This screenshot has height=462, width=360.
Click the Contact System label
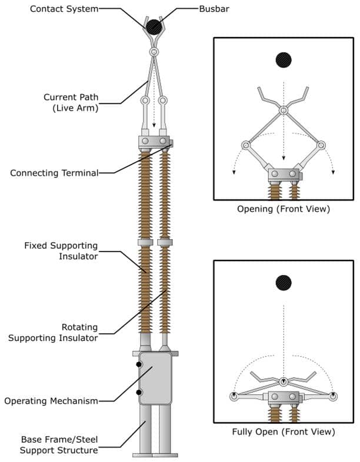click(x=64, y=9)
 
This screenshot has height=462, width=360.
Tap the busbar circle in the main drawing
click(x=154, y=26)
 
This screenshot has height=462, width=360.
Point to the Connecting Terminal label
click(x=54, y=173)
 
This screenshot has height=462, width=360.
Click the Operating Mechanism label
click(x=51, y=401)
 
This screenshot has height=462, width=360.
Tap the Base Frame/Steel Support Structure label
click(x=59, y=445)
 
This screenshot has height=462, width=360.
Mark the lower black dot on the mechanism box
click(x=139, y=392)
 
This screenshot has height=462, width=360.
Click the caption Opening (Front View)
click(x=284, y=209)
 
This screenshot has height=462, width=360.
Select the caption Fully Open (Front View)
click(x=284, y=431)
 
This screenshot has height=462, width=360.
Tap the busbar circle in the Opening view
click(x=284, y=60)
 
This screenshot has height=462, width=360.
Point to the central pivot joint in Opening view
click(x=284, y=111)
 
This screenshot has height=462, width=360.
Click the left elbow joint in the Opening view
click(x=245, y=145)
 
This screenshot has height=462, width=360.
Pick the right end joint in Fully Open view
click(x=334, y=397)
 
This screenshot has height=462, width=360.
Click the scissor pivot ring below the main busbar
click(x=154, y=52)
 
